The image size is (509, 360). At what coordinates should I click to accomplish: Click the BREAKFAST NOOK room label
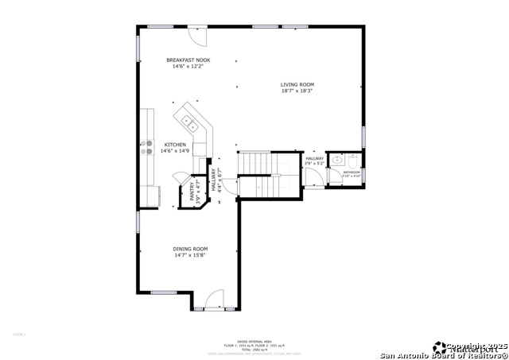tap(188, 60)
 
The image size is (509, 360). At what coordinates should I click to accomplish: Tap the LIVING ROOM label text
tap(297, 84)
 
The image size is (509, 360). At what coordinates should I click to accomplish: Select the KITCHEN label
tap(176, 145)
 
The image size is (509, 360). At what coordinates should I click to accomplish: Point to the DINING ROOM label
tap(191, 249)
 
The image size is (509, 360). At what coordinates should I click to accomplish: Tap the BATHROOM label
tap(352, 172)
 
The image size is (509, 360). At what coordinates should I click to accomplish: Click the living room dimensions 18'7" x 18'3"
tap(297, 91)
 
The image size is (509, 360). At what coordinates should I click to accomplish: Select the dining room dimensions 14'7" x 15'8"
tap(191, 255)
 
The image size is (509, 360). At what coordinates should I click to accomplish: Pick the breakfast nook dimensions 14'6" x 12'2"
tap(188, 67)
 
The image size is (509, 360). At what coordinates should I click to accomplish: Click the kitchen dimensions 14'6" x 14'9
tap(176, 151)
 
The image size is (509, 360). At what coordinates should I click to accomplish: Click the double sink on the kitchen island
tap(189, 122)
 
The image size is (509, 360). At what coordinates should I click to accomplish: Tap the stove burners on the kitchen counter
tap(147, 146)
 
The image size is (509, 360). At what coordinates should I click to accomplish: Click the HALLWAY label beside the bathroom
tap(315, 159)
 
